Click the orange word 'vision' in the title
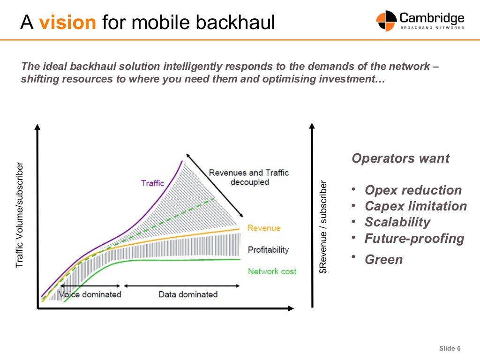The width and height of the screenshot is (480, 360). coord(67,22)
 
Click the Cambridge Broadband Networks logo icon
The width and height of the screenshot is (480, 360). coord(386,21)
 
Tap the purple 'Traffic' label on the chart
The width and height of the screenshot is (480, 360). coord(152,183)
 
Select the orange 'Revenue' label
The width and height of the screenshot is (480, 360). coord(264,228)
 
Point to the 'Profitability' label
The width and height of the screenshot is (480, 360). coord(268,250)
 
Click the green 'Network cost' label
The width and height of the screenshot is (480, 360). coord(272,271)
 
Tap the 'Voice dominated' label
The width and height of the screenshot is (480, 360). coord(90,294)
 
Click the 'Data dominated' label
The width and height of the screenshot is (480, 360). coord(188,294)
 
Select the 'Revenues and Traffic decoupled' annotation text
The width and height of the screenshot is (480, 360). coord(248,177)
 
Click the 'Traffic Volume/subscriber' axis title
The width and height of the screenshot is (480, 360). coord(19,215)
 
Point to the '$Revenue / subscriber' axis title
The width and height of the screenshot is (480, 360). coord(323,227)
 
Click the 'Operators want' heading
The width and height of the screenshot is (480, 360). coord(400,158)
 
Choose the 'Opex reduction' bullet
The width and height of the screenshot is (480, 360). coord(413,190)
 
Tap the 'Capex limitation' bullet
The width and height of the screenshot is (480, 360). coord(416,206)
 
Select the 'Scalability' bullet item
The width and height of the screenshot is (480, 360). coord(397,222)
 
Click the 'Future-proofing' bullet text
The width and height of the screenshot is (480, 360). coord(414,239)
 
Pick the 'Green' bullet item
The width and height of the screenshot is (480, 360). coord(383,260)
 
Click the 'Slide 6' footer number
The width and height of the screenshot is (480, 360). coord(450,348)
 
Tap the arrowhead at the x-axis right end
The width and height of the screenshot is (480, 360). coord(291,308)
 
